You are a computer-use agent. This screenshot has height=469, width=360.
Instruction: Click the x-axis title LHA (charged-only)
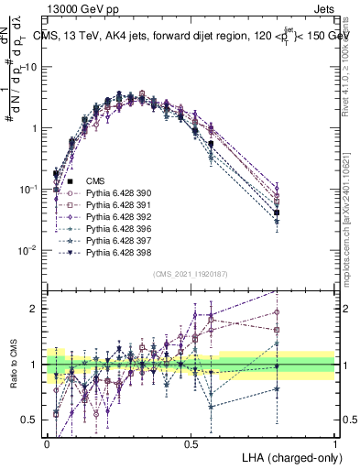click(289, 456)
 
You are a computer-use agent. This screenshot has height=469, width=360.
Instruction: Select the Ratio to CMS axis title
click(11, 365)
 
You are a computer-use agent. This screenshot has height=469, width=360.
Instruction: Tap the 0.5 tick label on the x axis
click(191, 443)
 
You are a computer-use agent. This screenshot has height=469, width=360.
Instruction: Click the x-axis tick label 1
click(335, 443)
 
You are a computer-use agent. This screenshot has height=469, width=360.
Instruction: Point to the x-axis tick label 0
click(47, 443)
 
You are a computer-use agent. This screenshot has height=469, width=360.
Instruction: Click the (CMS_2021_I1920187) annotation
click(190, 274)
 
